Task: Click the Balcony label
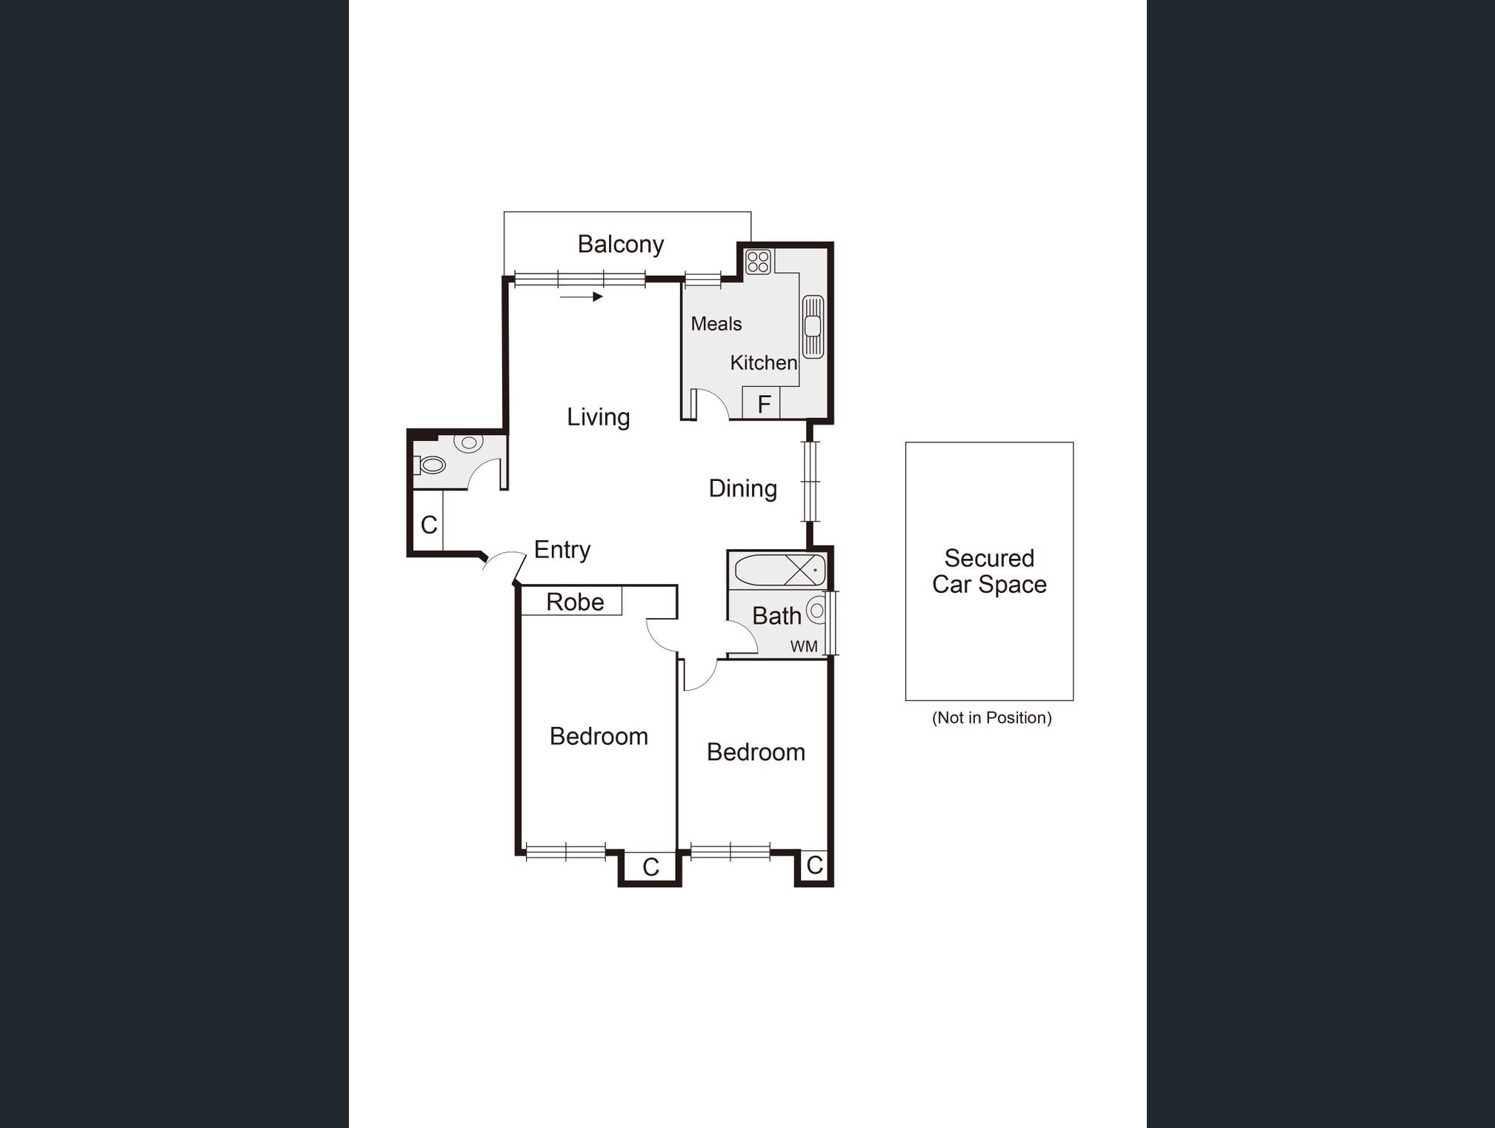620,244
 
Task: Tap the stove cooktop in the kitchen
758,262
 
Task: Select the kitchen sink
813,326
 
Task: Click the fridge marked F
762,404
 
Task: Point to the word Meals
716,324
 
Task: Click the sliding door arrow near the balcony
582,297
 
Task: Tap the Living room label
598,417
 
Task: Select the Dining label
742,488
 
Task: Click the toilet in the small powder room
430,465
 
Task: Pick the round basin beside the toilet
468,442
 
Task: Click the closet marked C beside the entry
428,525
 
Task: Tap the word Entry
562,550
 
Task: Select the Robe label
574,602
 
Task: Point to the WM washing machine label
804,646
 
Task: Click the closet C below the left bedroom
650,866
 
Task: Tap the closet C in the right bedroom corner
814,865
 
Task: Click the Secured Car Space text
989,571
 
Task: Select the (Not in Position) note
991,717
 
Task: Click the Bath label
776,616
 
